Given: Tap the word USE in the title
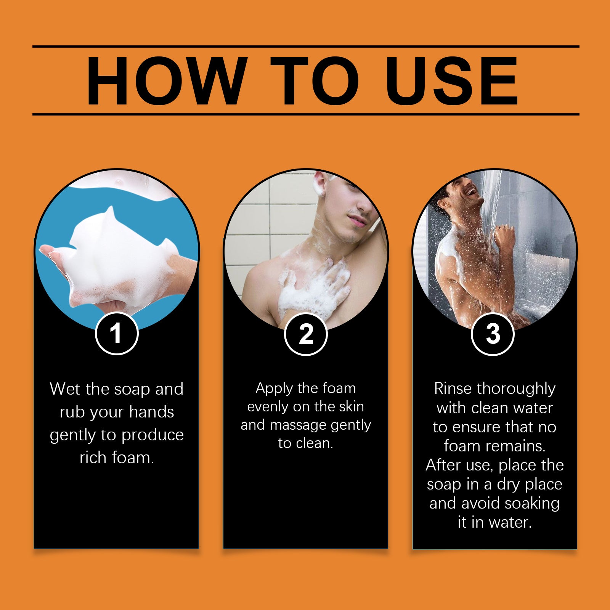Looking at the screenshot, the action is (452, 81).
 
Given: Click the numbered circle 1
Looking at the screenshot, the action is (116, 334).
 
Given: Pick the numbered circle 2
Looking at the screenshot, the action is (306, 334).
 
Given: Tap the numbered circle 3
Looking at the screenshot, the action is (493, 334).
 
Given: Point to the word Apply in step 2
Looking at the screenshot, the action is (274, 389).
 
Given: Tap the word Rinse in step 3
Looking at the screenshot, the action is (453, 389).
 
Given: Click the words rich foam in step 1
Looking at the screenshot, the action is (117, 457).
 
